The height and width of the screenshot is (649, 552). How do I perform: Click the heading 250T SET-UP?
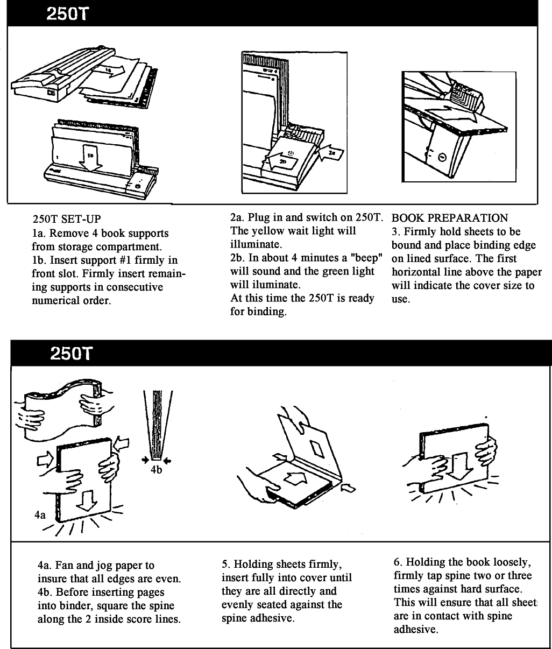click(66, 220)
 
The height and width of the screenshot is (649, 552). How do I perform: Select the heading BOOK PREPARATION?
click(449, 218)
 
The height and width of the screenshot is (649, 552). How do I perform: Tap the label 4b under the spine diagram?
click(157, 470)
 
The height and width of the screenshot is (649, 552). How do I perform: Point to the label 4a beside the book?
click(40, 514)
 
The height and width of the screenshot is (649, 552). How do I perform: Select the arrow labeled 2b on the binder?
click(282, 160)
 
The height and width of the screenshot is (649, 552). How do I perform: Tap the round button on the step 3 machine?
click(443, 157)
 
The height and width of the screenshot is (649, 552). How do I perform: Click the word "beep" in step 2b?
click(365, 258)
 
